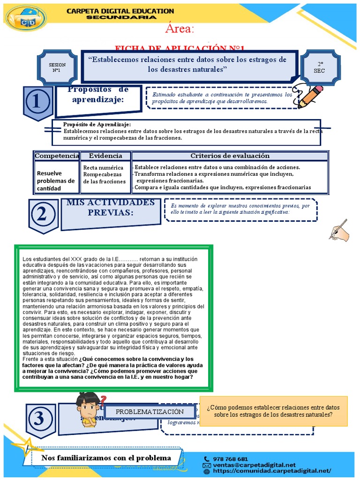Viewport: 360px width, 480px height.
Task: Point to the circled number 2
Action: (43, 215)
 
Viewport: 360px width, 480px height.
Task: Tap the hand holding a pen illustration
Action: (339, 230)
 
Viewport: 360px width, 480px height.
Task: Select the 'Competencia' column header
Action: (57, 156)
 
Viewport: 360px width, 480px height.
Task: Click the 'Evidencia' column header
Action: (105, 156)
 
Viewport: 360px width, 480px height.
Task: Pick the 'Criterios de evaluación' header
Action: (230, 156)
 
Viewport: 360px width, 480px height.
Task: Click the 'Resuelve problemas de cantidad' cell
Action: (56, 180)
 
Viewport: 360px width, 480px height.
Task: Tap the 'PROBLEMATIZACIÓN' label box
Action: (150, 412)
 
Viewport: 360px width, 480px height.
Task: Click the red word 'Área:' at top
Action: (180, 29)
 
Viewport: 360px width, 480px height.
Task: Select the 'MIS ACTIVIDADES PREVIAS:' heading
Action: (111, 208)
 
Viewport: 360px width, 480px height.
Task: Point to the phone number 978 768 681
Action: (231, 459)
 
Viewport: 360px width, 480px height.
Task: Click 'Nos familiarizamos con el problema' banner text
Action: (106, 458)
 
